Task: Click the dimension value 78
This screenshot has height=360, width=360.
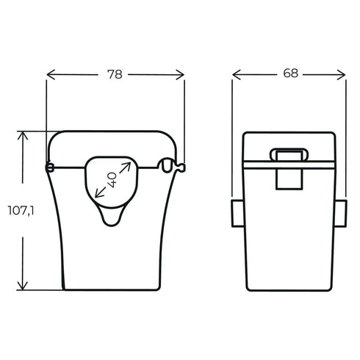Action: tap(115, 74)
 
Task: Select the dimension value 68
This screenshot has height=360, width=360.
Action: tap(289, 74)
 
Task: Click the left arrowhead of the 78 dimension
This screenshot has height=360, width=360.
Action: tap(50, 74)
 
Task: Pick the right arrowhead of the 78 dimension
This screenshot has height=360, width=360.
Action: tap(181, 74)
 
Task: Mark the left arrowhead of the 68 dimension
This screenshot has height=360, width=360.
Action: tap(236, 74)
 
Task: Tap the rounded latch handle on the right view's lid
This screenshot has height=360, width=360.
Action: tap(289, 154)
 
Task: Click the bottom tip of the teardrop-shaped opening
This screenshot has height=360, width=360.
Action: tap(112, 223)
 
